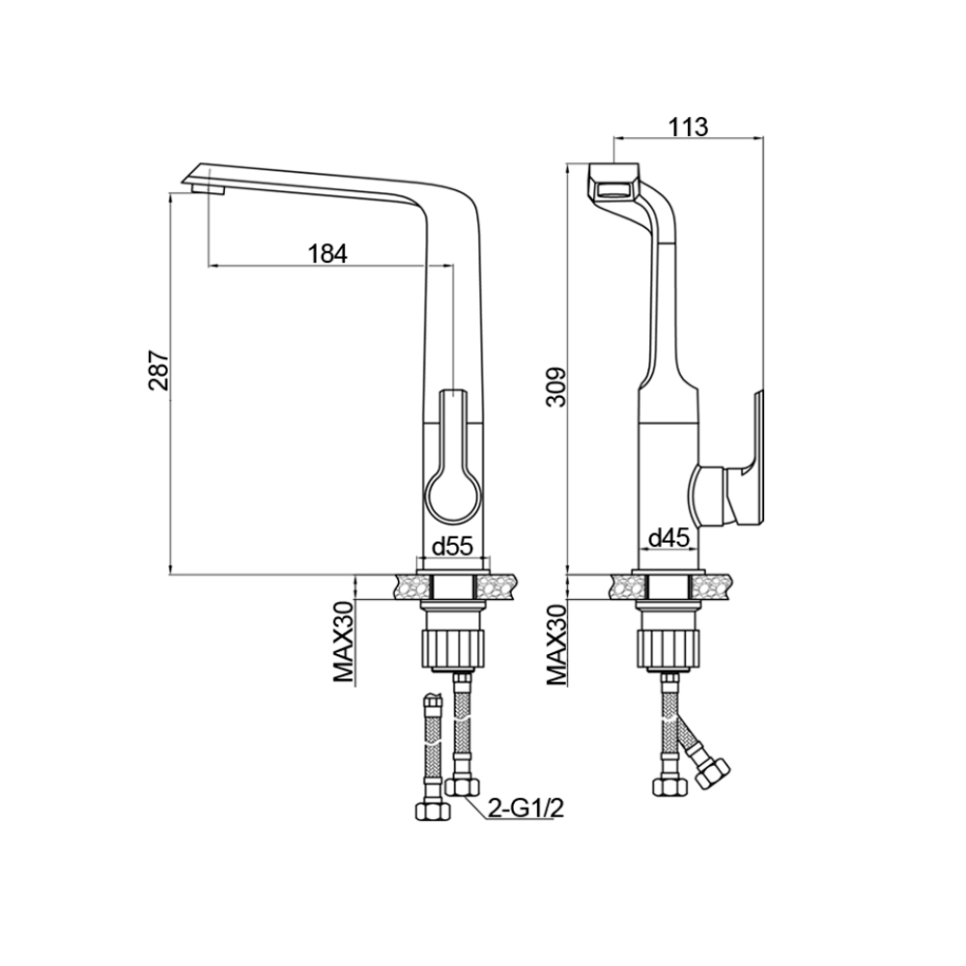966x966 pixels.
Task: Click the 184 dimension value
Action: pos(327,254)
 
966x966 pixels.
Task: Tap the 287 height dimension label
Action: pos(158,371)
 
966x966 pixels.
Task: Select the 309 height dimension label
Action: pos(557,387)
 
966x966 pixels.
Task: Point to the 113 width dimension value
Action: pos(688,127)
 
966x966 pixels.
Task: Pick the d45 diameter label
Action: pos(668,539)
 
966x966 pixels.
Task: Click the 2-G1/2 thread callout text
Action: pos(526,809)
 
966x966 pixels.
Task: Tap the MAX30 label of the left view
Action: pos(345,642)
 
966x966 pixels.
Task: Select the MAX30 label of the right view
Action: pos(557,643)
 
